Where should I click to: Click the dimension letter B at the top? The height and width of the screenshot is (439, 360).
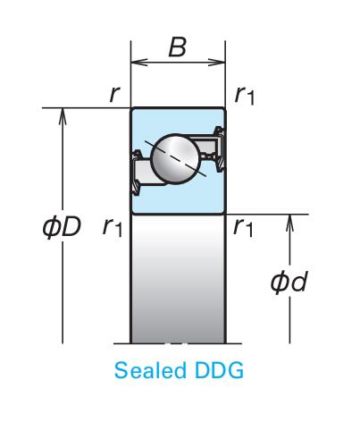(x=178, y=47)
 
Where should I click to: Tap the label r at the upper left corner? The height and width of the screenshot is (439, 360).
(x=114, y=94)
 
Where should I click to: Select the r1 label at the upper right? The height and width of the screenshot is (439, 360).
(x=245, y=95)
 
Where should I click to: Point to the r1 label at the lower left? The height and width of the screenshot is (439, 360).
(x=113, y=227)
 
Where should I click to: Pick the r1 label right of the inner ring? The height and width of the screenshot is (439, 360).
(x=243, y=227)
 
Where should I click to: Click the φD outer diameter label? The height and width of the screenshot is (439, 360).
(x=62, y=227)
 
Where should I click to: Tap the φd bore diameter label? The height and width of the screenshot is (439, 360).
(x=289, y=282)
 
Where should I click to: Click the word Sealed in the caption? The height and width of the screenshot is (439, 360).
(x=150, y=370)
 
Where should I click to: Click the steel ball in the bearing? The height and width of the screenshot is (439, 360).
(x=176, y=159)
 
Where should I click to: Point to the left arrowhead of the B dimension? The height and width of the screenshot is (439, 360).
(x=139, y=63)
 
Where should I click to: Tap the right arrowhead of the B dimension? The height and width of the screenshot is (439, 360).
(x=217, y=63)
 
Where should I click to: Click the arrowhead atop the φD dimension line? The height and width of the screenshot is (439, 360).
(x=63, y=116)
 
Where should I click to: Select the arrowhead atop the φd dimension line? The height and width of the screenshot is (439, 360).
(x=289, y=223)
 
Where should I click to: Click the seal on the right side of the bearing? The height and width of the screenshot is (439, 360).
(x=220, y=149)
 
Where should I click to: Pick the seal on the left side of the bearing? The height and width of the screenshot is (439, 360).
(x=136, y=173)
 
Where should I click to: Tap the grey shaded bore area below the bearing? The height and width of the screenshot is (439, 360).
(x=178, y=279)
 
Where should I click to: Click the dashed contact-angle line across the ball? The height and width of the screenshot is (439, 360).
(x=175, y=158)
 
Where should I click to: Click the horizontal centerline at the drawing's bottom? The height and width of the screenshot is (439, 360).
(x=178, y=343)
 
